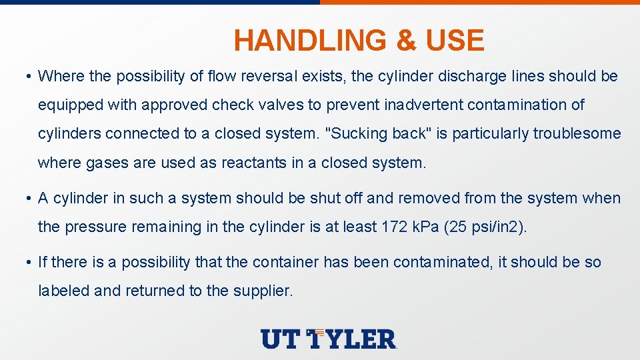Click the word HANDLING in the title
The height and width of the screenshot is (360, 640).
click(x=311, y=41)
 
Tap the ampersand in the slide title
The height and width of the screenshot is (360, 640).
click(x=405, y=41)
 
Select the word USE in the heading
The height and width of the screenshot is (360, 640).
click(x=455, y=41)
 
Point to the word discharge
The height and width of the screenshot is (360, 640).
click(x=467, y=77)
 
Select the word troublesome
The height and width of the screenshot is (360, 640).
click(x=577, y=134)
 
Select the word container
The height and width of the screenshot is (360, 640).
click(x=284, y=262)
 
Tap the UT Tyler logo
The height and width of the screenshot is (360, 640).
click(x=329, y=339)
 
